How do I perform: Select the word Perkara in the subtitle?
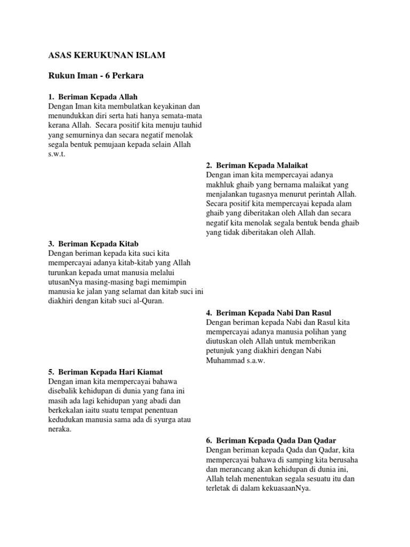coord(126,76)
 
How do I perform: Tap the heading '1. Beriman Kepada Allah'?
coord(93,97)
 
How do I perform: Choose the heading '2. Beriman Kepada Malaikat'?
coord(257,166)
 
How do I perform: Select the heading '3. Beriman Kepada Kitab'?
coord(90,244)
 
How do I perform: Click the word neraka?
coord(60,429)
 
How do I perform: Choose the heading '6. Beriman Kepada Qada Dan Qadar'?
coord(271,440)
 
